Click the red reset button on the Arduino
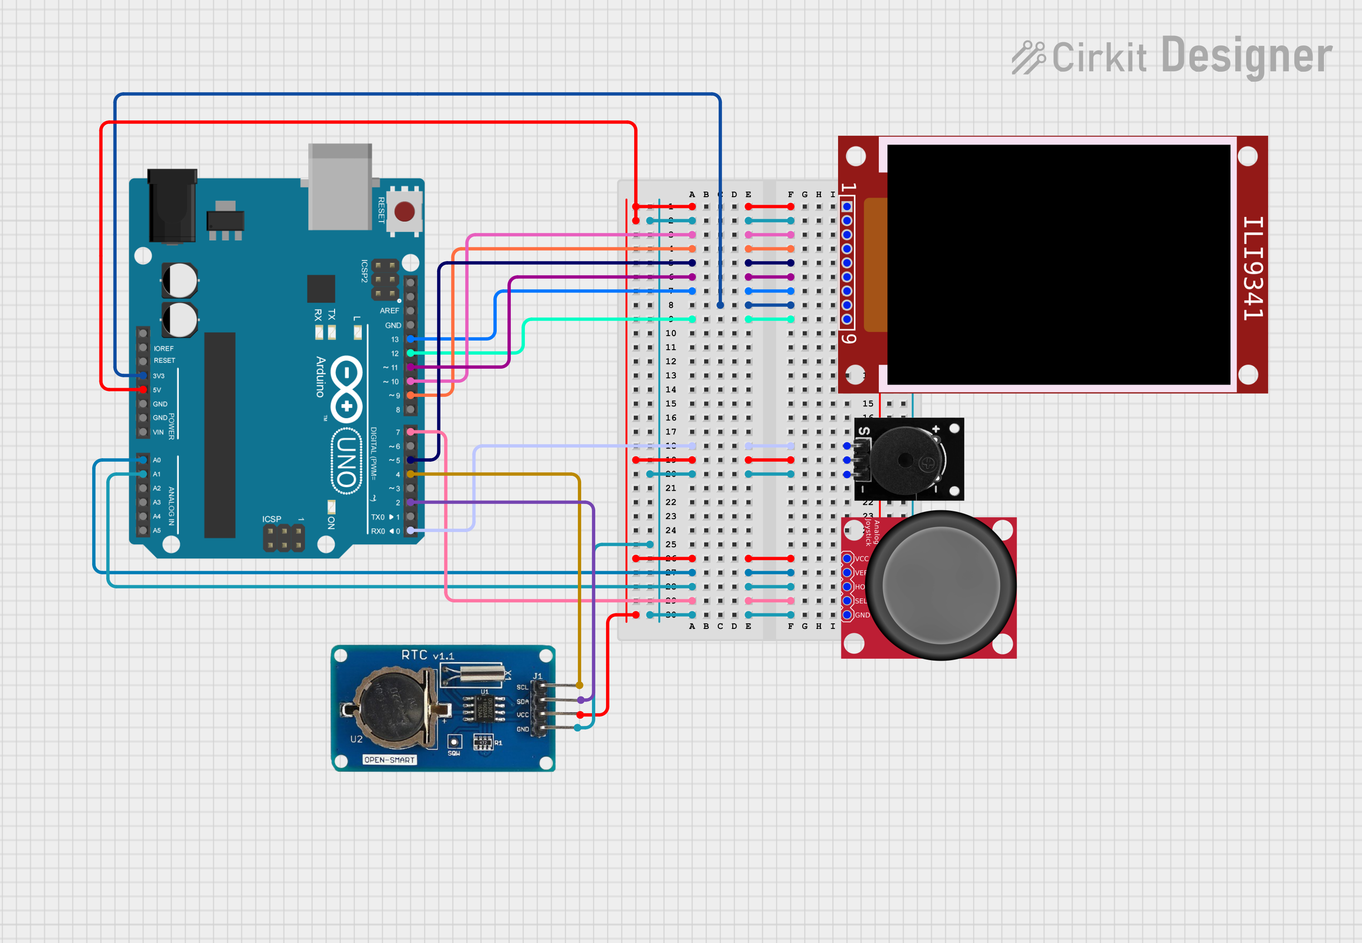coord(404,211)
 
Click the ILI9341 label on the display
coord(1252,268)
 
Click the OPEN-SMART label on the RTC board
coord(390,760)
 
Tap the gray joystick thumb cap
coord(941,585)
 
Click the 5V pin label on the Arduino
coord(157,390)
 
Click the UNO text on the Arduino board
coord(347,461)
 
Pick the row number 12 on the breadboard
coord(671,361)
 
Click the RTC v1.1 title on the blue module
coord(427,655)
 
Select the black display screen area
coord(1058,264)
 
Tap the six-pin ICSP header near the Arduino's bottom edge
coord(284,537)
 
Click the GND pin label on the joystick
coord(862,615)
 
